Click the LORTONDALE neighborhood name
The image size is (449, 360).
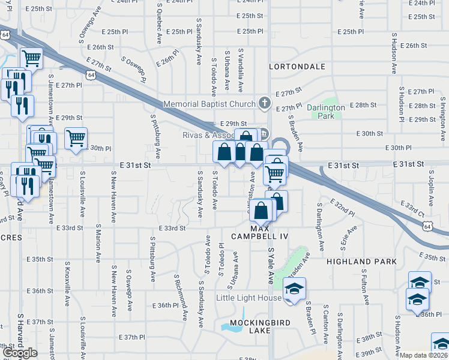(292, 66)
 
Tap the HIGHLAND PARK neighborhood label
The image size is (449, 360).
(361, 262)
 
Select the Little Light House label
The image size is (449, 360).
(249, 298)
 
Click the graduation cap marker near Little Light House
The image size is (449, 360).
(294, 288)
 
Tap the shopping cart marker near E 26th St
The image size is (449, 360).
(31, 58)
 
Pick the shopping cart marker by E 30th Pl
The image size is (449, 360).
(76, 139)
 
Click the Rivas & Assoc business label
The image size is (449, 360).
(208, 135)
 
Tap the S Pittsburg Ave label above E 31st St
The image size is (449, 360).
(155, 136)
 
